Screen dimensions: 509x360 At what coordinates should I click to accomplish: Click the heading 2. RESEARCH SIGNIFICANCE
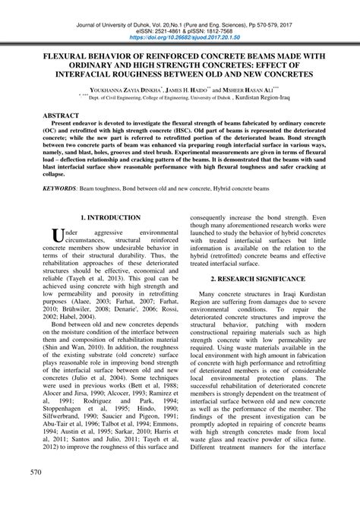coord(262,280)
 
